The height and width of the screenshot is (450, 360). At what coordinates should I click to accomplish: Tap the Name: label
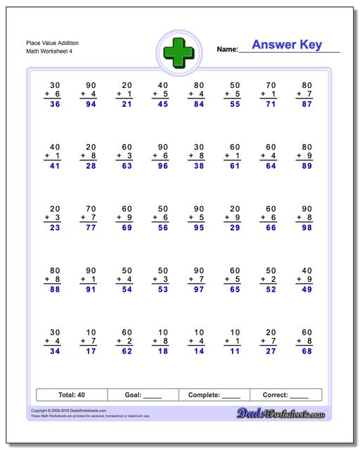227,50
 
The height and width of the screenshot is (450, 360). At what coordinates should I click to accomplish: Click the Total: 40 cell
71,394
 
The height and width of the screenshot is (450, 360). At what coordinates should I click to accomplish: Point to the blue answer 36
54,105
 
